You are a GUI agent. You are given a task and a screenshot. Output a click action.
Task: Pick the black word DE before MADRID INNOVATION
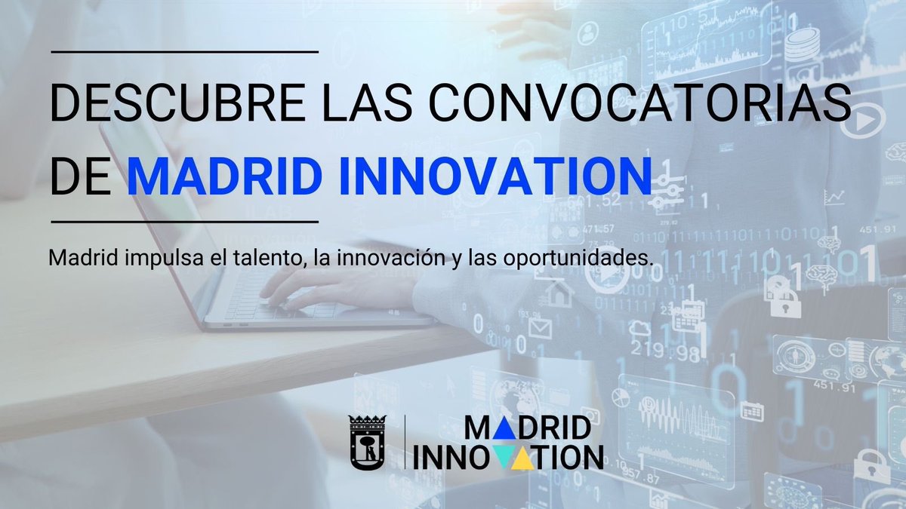[82, 175]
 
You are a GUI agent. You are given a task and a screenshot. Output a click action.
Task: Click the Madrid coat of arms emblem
[366, 443]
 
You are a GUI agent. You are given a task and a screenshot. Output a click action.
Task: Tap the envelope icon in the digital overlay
[539, 328]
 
